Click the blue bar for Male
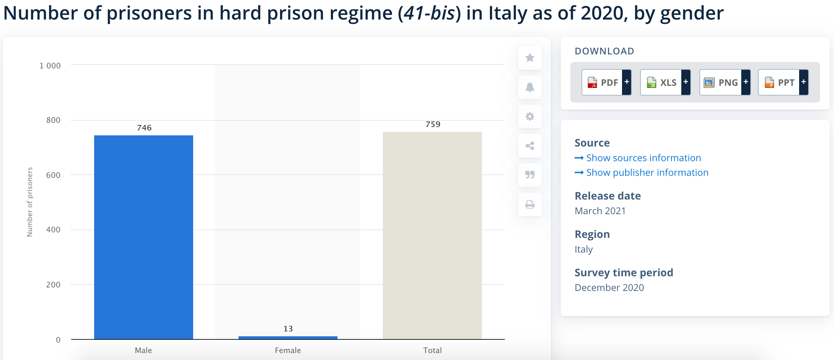[143, 237]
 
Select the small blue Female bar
[288, 338]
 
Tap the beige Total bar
[432, 235]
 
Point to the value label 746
[144, 128]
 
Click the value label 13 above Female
[288, 329]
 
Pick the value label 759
[433, 124]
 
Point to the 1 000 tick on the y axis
[50, 66]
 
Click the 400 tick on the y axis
[53, 230]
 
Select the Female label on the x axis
[288, 350]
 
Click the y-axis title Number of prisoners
[30, 202]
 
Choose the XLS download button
[665, 82]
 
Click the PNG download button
[725, 82]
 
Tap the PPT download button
[783, 82]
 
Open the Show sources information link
[643, 158]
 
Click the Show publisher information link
[647, 172]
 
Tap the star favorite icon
[530, 58]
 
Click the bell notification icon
[530, 87]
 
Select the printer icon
[530, 204]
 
